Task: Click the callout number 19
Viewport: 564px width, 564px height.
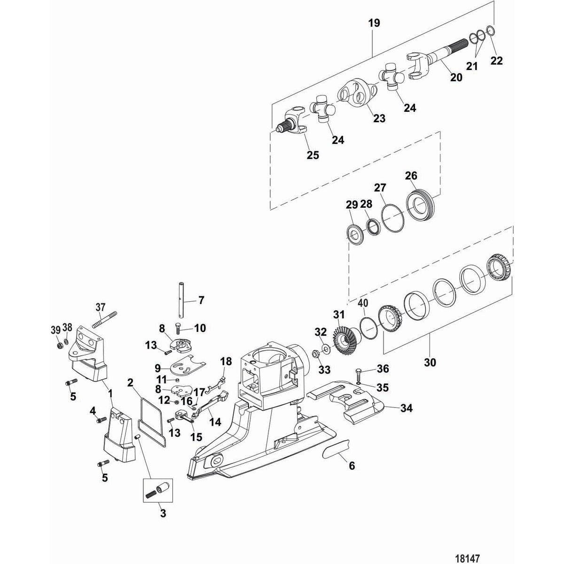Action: pos(375,23)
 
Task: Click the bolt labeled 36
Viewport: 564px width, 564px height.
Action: pos(359,374)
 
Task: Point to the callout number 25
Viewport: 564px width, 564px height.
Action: pos(312,155)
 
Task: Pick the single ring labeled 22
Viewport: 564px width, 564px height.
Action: pos(489,32)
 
